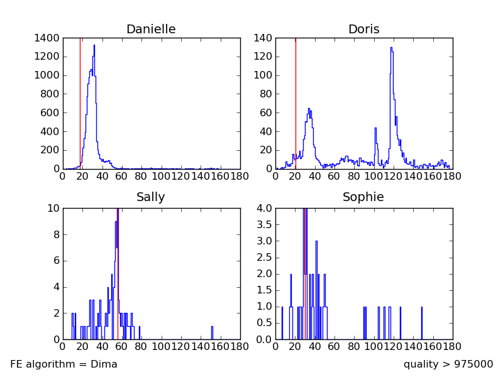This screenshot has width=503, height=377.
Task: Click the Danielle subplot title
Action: click(x=151, y=30)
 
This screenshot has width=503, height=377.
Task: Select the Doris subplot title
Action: click(x=363, y=30)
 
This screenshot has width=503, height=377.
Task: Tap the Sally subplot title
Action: click(x=151, y=197)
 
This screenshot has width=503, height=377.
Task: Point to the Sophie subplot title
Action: click(x=363, y=197)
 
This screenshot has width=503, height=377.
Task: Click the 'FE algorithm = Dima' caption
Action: click(x=64, y=364)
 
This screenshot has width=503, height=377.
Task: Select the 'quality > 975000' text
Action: click(x=448, y=364)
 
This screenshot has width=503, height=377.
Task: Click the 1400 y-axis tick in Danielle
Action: click(x=48, y=38)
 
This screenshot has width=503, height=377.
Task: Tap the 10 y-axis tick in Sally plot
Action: click(x=53, y=208)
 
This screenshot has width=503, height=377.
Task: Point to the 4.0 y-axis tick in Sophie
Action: click(x=264, y=208)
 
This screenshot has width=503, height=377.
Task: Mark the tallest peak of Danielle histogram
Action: click(x=94, y=46)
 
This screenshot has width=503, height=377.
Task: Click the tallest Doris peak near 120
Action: click(x=391, y=48)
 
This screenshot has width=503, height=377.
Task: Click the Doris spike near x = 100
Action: click(x=375, y=129)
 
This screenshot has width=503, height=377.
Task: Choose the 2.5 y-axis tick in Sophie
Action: click(x=264, y=257)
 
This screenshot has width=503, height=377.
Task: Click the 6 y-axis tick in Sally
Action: click(x=55, y=260)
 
